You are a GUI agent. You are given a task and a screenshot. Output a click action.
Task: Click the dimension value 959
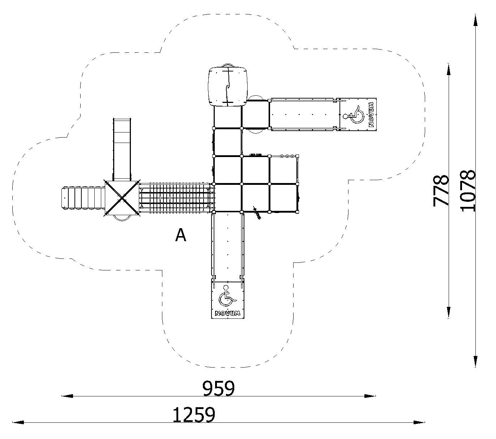[x=218, y=388]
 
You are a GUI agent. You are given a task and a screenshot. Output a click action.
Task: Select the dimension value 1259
[x=194, y=415]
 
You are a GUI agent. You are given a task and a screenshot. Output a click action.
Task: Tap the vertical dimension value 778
[x=441, y=191]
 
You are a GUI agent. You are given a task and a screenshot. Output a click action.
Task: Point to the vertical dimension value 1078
[x=468, y=191]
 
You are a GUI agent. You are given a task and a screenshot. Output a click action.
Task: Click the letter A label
[x=181, y=235]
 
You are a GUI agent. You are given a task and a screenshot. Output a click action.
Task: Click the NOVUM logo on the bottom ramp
[x=228, y=313]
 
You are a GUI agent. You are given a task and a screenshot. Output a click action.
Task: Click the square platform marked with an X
[x=122, y=198]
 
